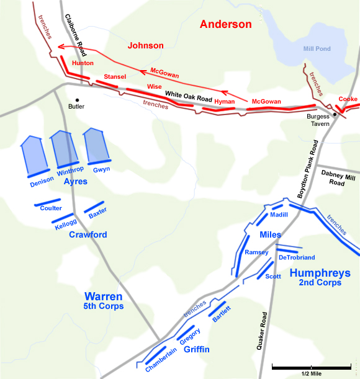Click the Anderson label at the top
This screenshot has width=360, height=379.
pos(225,24)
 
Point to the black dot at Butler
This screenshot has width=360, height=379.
pos(78,99)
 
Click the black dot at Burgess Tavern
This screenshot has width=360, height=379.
pos(334,114)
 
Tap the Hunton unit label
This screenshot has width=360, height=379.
pos(83,63)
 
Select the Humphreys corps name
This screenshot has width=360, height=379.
pos(320,273)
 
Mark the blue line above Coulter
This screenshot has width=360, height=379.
pos(47,202)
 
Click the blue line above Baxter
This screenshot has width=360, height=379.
pos(93,207)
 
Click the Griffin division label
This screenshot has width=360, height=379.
pos(196,350)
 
